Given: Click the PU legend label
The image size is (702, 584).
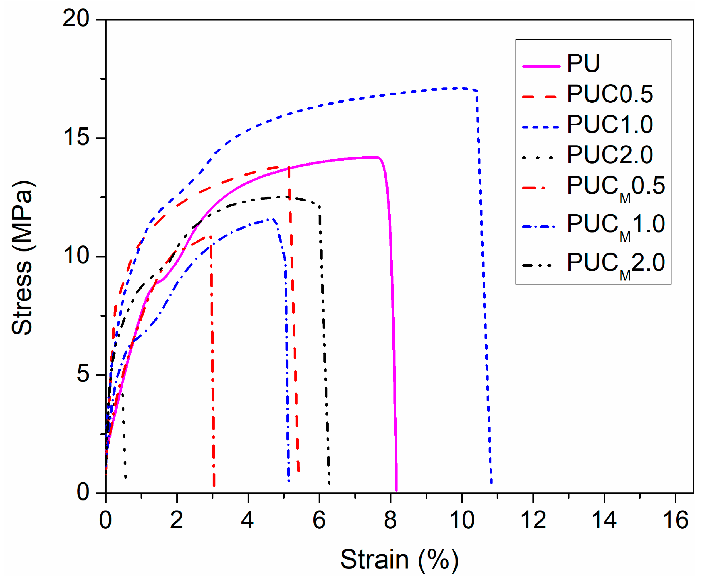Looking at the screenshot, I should point(583,63).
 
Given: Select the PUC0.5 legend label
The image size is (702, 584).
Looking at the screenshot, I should point(610,94).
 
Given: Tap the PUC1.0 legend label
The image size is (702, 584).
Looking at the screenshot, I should point(610,124).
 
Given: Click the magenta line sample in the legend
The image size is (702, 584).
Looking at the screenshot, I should point(541,66).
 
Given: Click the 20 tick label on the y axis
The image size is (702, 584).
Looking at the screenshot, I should point(76,18).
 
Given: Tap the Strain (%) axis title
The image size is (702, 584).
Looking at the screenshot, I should point(399,559).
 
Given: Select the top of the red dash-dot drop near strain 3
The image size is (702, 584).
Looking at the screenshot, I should point(211,236).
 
